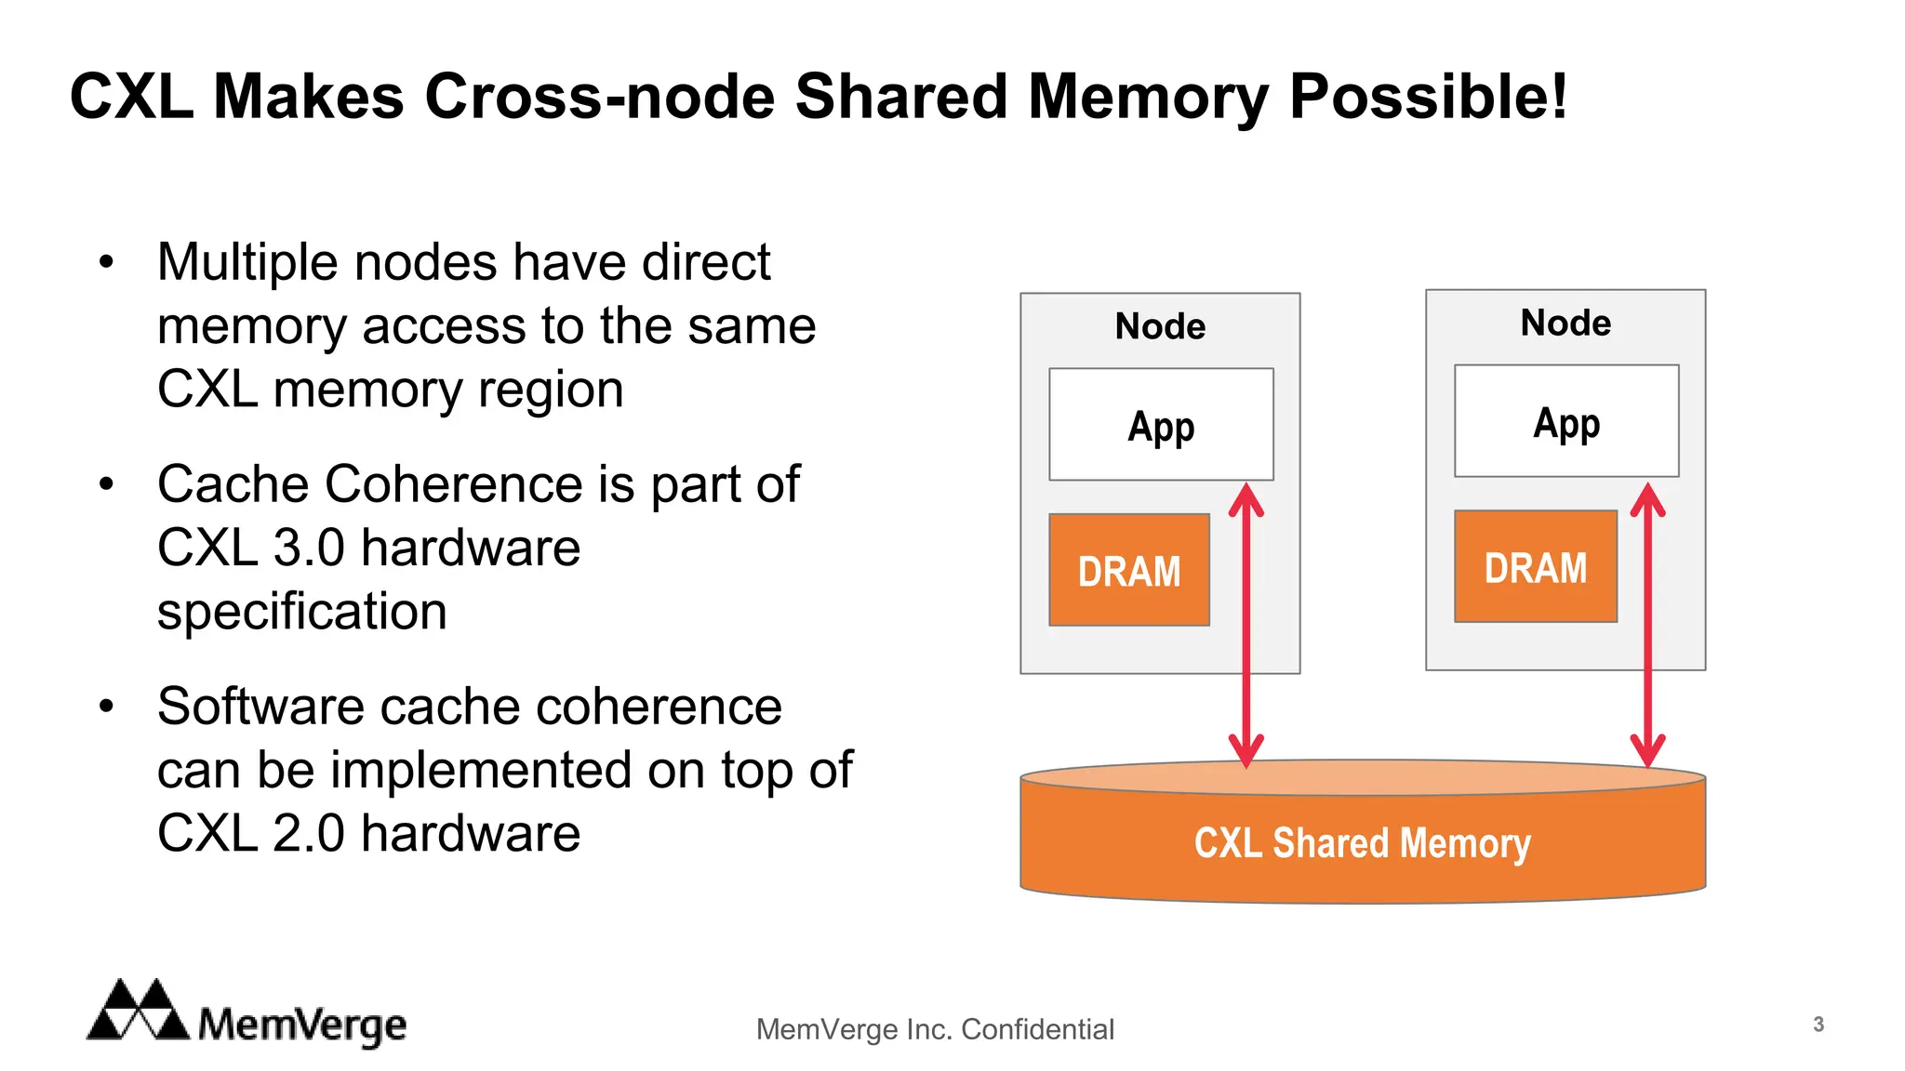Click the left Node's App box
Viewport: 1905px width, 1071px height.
(x=1160, y=425)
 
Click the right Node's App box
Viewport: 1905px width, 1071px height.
(x=1565, y=421)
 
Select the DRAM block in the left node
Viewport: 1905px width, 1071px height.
(x=1128, y=570)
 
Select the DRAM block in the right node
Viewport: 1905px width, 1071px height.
(x=1535, y=566)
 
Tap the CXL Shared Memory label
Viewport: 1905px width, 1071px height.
(x=1362, y=843)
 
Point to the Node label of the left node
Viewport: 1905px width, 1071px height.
(x=1160, y=326)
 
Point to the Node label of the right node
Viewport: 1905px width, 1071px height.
(x=1565, y=323)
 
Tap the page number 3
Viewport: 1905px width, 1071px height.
(x=1818, y=1025)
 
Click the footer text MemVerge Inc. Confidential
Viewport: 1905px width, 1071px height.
(x=935, y=1029)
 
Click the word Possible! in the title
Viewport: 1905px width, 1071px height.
(x=1428, y=97)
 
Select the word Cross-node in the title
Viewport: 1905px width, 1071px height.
(x=600, y=97)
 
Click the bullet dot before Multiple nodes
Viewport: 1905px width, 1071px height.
(x=107, y=262)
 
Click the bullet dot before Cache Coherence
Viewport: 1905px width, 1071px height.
(x=107, y=484)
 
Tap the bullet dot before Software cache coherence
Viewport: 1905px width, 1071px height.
(x=107, y=707)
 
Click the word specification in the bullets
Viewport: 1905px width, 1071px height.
(x=302, y=612)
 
